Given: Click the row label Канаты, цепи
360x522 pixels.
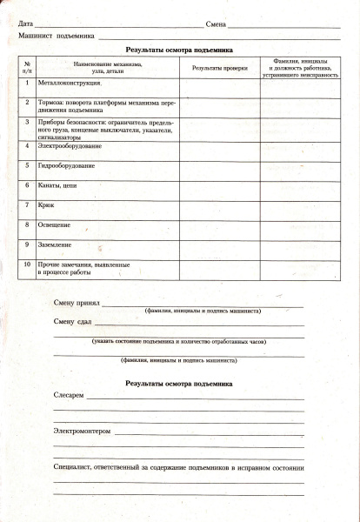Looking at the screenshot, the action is pyautogui.click(x=58, y=184).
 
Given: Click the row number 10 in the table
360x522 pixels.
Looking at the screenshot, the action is pyautogui.click(x=28, y=264).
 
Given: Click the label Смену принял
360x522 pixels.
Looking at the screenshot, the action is pyautogui.click(x=77, y=304).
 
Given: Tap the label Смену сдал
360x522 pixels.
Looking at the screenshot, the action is pyautogui.click(x=72, y=322).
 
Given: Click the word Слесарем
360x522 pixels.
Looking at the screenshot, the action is pyautogui.click(x=69, y=396).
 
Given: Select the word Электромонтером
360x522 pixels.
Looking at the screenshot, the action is pyautogui.click(x=83, y=431).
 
